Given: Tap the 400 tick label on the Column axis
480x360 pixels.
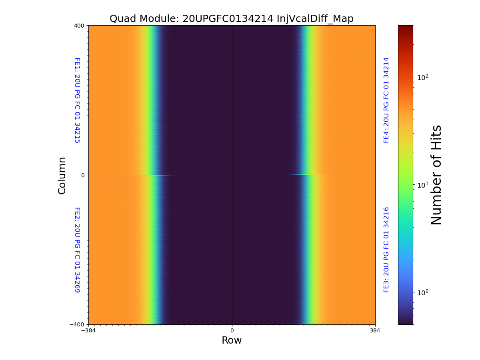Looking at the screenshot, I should click(79, 26).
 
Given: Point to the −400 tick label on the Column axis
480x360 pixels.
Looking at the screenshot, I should click(78, 324).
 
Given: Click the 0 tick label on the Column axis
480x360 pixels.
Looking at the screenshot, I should click(82, 175).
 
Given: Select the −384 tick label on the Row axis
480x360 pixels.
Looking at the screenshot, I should click(88, 330).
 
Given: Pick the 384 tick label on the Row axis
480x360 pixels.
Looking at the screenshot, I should click(375, 330).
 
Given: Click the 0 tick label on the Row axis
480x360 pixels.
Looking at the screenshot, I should click(232, 330).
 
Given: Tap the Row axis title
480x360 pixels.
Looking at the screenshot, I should click(232, 340).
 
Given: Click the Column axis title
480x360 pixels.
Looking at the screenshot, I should click(62, 175).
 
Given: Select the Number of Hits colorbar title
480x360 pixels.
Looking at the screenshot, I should click(436, 175).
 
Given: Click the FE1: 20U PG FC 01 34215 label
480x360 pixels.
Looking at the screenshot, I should click(77, 100).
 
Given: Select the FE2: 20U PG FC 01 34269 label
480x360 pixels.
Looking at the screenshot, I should click(77, 250).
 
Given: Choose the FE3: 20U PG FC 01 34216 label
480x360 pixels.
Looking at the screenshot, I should click(386, 250).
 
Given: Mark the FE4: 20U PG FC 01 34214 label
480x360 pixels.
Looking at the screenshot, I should click(386, 100).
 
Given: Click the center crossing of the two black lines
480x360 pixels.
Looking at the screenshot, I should click(232, 175).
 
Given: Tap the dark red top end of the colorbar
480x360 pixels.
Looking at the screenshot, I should click(406, 28).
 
